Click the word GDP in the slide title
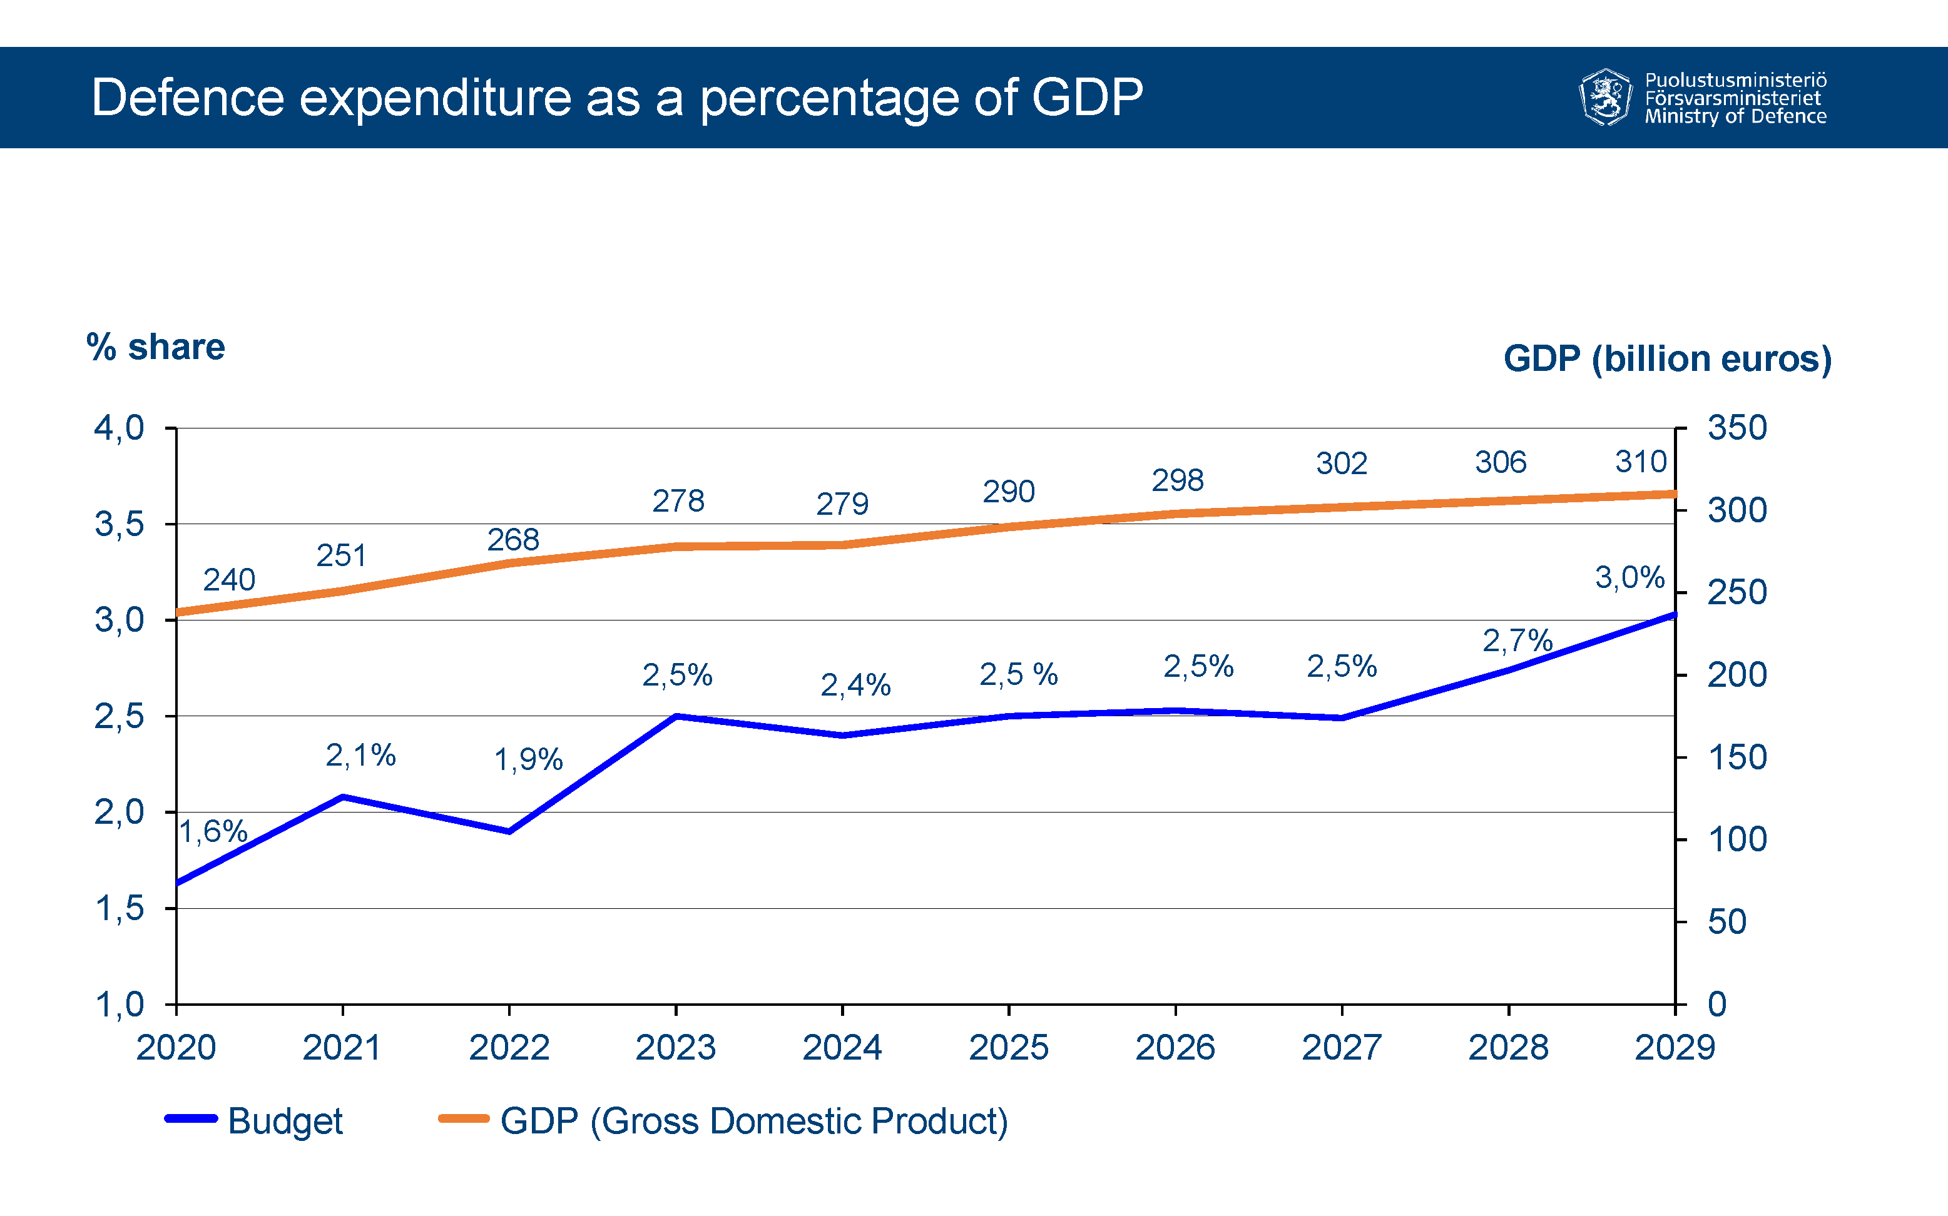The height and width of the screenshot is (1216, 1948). [x=1086, y=98]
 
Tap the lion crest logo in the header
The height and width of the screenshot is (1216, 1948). [x=1605, y=98]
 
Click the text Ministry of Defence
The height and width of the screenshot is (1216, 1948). [x=1735, y=116]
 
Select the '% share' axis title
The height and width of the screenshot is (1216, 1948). [x=155, y=347]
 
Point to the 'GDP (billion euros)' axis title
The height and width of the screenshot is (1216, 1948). [x=1667, y=358]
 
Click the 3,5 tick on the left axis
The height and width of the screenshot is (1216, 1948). [x=119, y=524]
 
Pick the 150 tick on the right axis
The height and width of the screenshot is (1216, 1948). [x=1736, y=757]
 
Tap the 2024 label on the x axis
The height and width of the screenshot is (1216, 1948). [x=842, y=1047]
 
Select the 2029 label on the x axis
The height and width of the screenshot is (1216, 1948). [x=1675, y=1047]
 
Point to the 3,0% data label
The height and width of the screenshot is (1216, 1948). [x=1629, y=577]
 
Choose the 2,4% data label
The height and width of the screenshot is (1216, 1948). [x=855, y=685]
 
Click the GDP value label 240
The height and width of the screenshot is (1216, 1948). [x=229, y=580]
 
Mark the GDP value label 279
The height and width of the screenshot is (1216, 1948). [x=842, y=504]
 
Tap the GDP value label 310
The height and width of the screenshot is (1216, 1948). [x=1641, y=462]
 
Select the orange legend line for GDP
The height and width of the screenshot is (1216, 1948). [x=463, y=1118]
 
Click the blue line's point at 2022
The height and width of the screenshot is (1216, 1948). [x=509, y=831]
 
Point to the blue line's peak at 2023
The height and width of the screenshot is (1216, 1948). [x=676, y=716]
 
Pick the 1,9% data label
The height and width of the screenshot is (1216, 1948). [x=528, y=759]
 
